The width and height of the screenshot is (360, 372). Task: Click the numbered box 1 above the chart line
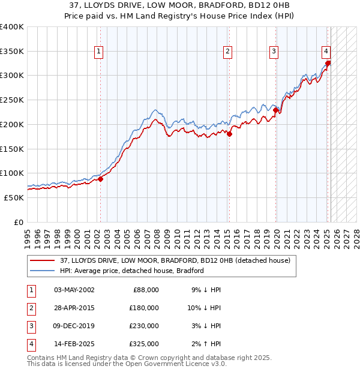tap(98, 52)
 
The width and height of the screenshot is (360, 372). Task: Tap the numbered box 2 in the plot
tap(228, 52)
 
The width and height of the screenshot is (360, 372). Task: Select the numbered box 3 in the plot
tap(274, 52)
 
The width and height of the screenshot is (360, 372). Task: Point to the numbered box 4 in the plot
tap(325, 52)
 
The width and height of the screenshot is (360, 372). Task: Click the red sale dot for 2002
tap(101, 178)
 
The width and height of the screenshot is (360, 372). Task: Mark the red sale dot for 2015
tap(229, 134)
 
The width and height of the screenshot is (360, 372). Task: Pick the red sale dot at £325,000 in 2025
tap(328, 63)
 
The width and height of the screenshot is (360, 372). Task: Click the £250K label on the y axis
tap(12, 100)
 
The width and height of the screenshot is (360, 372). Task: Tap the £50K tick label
tap(14, 197)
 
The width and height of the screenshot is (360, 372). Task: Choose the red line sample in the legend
tap(43, 260)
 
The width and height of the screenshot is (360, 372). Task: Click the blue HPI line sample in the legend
tap(43, 271)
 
